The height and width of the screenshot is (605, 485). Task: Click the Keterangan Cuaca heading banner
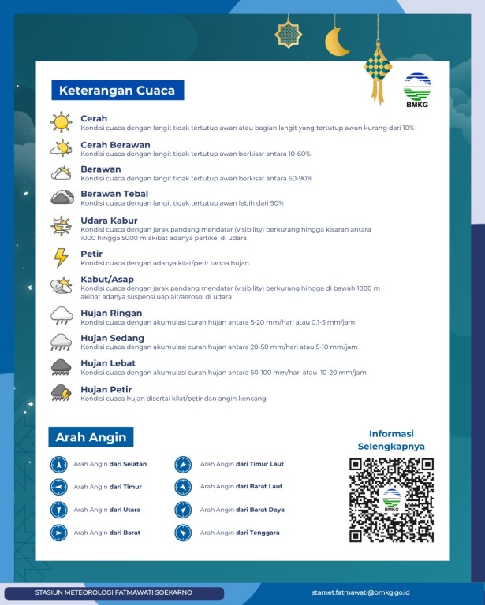click(x=117, y=90)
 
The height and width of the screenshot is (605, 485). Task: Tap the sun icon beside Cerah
click(x=62, y=121)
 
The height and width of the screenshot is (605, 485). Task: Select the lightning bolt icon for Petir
click(x=61, y=258)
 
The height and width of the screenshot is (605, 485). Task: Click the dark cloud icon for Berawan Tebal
click(x=62, y=198)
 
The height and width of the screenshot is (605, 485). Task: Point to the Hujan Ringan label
click(x=111, y=313)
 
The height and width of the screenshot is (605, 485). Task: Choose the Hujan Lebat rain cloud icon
click(x=62, y=367)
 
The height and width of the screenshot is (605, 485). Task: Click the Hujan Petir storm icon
click(x=62, y=393)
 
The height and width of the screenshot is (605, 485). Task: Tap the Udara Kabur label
click(x=109, y=221)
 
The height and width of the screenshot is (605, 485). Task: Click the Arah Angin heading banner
click(x=90, y=437)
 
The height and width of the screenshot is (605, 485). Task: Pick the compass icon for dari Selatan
click(x=58, y=465)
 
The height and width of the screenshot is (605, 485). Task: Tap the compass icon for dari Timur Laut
click(x=183, y=465)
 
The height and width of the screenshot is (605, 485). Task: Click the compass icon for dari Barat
click(x=58, y=533)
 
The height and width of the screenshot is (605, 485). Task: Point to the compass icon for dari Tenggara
click(x=183, y=533)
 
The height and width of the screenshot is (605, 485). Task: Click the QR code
click(x=391, y=500)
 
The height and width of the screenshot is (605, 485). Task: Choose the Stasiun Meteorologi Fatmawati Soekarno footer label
click(x=114, y=592)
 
